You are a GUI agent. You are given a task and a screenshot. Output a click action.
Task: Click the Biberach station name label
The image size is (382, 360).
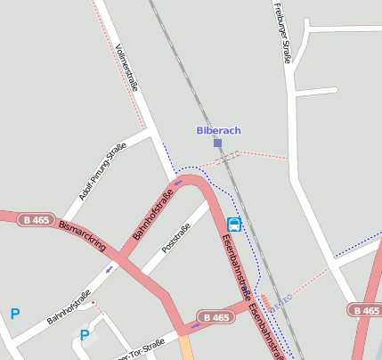tap(218, 130)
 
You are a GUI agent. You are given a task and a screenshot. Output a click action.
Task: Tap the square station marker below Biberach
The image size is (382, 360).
tap(217, 143)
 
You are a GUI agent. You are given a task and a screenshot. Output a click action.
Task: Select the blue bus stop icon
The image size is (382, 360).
tap(234, 224)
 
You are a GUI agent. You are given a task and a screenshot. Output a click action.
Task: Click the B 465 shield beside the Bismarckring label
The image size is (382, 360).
tap(37, 219)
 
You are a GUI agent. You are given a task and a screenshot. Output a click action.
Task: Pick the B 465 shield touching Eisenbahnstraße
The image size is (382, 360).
tap(215, 317)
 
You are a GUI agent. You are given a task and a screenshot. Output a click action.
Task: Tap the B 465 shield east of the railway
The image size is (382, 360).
tap(364, 310)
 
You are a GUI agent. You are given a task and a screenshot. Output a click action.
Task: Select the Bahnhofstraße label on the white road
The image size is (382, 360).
tap(69, 307)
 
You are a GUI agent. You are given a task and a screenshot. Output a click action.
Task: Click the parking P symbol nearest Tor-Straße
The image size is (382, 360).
tap(85, 335)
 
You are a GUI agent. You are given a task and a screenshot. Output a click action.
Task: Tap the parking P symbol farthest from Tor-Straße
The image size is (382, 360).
tap(14, 314)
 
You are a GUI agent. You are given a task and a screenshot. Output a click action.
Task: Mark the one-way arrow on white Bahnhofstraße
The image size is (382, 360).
tap(110, 266)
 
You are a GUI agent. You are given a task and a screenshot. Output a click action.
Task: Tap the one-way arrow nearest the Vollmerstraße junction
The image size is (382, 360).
tap(179, 183)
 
